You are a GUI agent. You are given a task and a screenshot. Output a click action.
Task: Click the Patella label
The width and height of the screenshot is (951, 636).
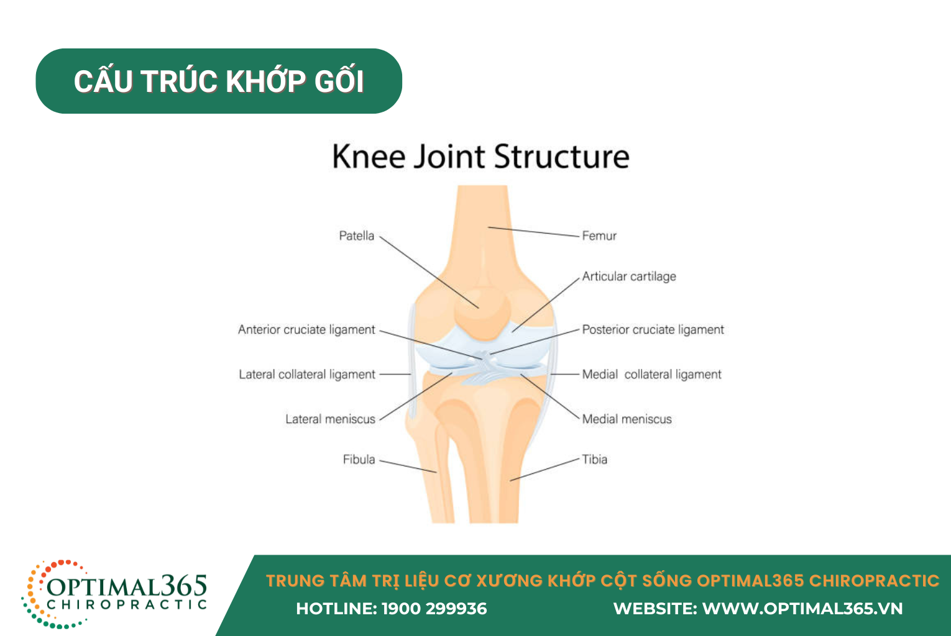(x=356, y=236)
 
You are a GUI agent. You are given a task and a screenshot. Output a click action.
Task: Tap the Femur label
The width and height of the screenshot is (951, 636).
(x=599, y=236)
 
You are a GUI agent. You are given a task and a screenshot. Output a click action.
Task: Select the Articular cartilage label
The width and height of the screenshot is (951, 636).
(x=629, y=276)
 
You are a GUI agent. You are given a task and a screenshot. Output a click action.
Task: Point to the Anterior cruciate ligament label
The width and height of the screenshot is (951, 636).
(x=306, y=330)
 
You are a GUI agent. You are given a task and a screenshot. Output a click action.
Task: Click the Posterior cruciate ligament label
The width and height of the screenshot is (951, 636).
(x=653, y=330)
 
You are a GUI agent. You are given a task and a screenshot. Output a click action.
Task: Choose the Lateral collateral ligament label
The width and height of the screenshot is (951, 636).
(x=307, y=375)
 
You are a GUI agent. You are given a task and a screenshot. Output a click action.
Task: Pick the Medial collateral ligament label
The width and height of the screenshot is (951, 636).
(x=651, y=375)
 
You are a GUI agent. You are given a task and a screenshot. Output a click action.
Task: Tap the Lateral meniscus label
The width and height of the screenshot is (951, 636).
(x=330, y=419)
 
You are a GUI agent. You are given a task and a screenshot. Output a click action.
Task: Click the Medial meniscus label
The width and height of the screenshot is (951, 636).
(x=627, y=419)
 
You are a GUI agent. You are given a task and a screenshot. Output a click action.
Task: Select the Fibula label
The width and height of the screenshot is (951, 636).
(x=359, y=460)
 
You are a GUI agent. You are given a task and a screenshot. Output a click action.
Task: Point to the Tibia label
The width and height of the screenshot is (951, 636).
(x=594, y=460)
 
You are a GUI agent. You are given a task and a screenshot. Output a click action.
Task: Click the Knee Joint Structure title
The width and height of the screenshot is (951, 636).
(x=480, y=157)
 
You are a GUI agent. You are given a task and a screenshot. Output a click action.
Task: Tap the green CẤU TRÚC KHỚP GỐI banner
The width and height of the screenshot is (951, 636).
(x=219, y=81)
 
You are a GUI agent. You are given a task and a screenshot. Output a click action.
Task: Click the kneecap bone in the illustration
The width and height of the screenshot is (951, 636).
(x=482, y=313)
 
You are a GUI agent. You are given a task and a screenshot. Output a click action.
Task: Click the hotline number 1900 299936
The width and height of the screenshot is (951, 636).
(x=434, y=609)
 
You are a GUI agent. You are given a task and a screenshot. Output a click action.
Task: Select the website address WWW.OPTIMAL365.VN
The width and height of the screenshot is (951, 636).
(x=802, y=609)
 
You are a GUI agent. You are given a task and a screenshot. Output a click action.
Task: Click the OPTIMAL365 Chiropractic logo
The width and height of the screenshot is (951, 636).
(x=114, y=594)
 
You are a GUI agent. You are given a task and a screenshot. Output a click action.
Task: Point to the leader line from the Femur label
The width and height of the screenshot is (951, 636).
(x=534, y=232)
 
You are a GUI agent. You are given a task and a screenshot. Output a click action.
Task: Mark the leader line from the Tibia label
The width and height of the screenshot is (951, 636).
(x=544, y=470)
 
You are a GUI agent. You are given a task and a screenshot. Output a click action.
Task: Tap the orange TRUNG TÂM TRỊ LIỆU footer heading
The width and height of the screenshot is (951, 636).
(x=602, y=581)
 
